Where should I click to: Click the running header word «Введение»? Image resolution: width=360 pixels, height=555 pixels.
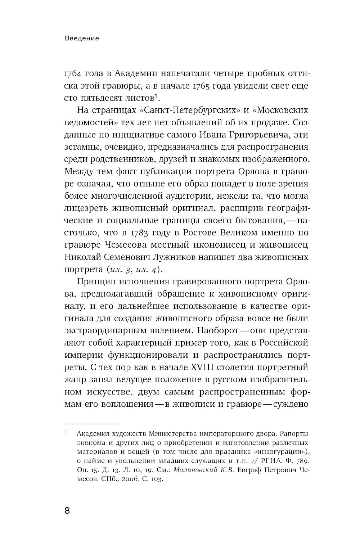(x=82, y=38)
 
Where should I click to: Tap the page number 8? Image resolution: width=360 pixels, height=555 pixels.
(x=67, y=511)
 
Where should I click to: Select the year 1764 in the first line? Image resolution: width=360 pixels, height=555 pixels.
(x=74, y=73)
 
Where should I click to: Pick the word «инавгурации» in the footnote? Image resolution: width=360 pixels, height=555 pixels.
(x=284, y=451)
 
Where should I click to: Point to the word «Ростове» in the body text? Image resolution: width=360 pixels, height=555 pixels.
(x=201, y=233)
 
